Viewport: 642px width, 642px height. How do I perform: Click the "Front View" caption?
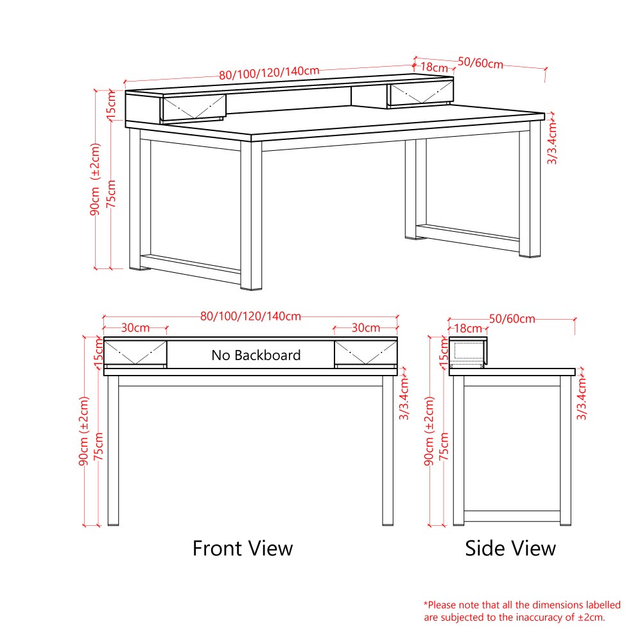tap(243, 548)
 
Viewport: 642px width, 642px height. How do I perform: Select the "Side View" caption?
tap(510, 548)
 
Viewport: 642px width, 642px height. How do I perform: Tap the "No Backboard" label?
tap(256, 355)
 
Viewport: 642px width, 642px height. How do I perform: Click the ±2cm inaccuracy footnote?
tap(522, 611)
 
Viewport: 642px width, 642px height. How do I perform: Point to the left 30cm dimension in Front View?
tap(135, 327)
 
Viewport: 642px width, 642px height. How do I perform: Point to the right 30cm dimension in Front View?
tap(366, 327)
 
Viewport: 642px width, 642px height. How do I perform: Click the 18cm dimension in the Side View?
tap(468, 328)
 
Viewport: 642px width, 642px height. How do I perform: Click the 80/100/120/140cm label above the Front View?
tap(250, 316)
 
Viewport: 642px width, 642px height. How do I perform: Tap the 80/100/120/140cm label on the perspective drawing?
tap(269, 73)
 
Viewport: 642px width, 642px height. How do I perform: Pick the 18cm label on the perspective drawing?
tap(434, 67)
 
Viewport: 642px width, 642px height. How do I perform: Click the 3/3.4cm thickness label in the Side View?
tap(582, 399)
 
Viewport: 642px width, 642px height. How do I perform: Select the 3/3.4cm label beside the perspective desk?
tap(552, 143)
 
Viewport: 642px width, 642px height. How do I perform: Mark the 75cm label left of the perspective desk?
tap(111, 194)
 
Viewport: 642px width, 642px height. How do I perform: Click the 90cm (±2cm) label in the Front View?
tap(83, 431)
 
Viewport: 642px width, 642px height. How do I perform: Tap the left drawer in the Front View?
tap(135, 354)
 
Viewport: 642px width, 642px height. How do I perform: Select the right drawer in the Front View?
tap(366, 354)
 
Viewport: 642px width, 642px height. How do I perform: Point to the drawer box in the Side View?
tap(468, 352)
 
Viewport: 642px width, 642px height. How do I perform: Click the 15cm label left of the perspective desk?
tap(111, 106)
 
